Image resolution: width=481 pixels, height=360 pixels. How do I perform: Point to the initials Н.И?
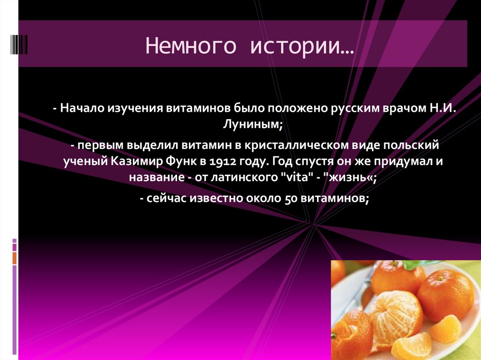(x=442, y=108)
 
